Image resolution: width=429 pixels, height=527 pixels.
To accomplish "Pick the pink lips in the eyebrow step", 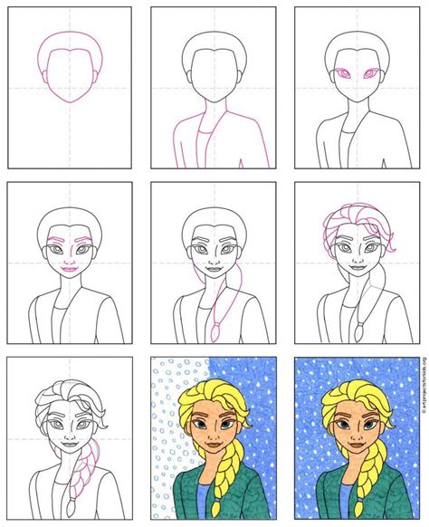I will tap(69, 267).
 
